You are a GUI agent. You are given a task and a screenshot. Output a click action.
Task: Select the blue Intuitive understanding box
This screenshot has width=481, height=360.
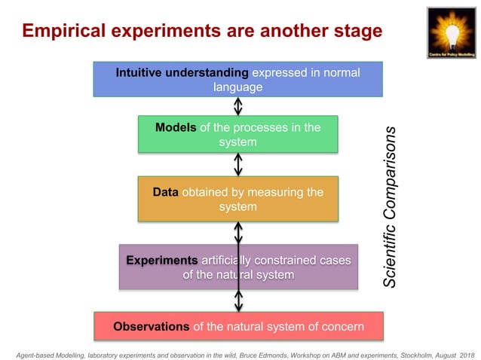pos(237,79)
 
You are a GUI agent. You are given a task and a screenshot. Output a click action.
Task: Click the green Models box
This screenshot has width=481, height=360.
pos(237,134)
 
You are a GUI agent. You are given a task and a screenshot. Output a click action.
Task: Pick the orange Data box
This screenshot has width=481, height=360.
pos(237,199)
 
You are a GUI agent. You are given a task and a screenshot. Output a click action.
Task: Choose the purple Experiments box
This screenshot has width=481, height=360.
pos(237,267)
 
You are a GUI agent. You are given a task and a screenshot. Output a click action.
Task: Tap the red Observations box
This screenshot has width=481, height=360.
pos(237,326)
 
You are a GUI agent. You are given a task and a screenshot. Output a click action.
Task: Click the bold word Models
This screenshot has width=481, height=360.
pos(176,127)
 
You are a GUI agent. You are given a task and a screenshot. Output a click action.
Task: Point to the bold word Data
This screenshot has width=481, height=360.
pos(164,192)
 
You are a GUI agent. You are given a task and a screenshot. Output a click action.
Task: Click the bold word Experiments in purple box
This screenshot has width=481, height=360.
pos(162,260)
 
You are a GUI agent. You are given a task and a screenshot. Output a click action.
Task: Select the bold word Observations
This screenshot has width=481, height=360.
pos(151,326)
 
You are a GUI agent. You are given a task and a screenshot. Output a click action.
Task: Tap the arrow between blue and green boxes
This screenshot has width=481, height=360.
pos(238,105)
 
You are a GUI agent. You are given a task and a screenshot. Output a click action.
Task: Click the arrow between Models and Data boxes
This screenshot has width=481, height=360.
pos(238,163)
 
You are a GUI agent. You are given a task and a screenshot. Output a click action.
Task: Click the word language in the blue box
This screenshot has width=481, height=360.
pos(237,87)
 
